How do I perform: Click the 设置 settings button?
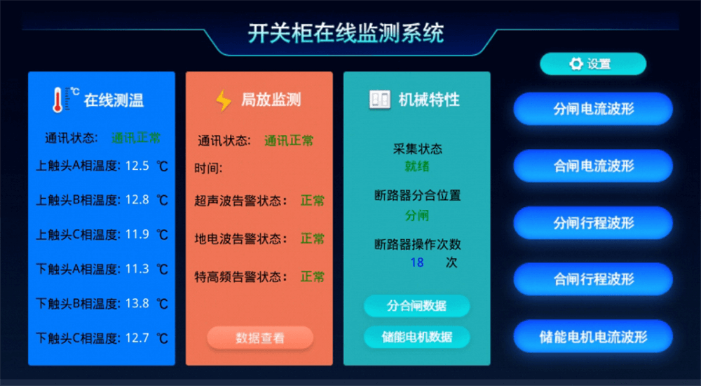pyautogui.click(x=593, y=64)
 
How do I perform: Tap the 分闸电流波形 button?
pyautogui.click(x=593, y=109)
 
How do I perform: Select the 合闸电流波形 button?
pyautogui.click(x=593, y=166)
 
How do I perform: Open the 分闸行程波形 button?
pyautogui.click(x=593, y=222)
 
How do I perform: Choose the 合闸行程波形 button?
pyautogui.click(x=593, y=279)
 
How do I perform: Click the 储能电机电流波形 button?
pyautogui.click(x=593, y=336)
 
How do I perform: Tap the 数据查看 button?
pyautogui.click(x=260, y=338)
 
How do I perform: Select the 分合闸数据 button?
pyautogui.click(x=416, y=306)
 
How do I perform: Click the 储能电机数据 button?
pyautogui.click(x=416, y=337)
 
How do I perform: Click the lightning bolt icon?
pyautogui.click(x=223, y=100)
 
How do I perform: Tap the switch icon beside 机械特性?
pyautogui.click(x=380, y=100)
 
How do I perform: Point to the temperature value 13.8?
pyautogui.click(x=137, y=304)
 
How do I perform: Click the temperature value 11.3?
pyautogui.click(x=137, y=269)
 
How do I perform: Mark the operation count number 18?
pyautogui.click(x=416, y=262)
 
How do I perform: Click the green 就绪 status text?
pyautogui.click(x=416, y=166)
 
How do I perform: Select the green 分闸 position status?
pyautogui.click(x=416, y=215)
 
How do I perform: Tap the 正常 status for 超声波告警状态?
pyautogui.click(x=313, y=200)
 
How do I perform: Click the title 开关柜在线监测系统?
pyautogui.click(x=346, y=34)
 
